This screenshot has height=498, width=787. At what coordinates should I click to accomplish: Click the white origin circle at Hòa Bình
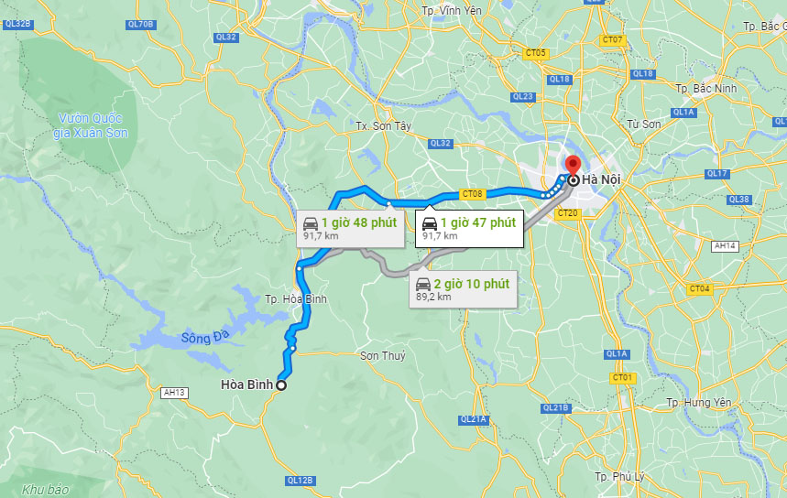280,385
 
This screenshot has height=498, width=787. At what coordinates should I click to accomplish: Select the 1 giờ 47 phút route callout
468,228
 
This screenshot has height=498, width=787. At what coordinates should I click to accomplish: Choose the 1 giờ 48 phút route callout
350,228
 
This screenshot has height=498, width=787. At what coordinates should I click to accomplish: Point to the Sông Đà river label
202,338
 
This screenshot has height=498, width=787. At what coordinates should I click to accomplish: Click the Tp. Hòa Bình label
295,299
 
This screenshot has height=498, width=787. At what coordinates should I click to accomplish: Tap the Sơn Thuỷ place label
382,355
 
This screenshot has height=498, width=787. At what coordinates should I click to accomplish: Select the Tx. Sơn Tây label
383,126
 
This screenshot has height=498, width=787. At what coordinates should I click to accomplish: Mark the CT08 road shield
472,193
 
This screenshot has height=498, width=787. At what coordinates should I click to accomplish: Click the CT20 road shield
568,213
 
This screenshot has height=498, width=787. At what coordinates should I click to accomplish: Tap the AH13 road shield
174,392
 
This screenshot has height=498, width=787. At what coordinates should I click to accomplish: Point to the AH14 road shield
725,245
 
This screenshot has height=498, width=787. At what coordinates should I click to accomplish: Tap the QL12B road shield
300,480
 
